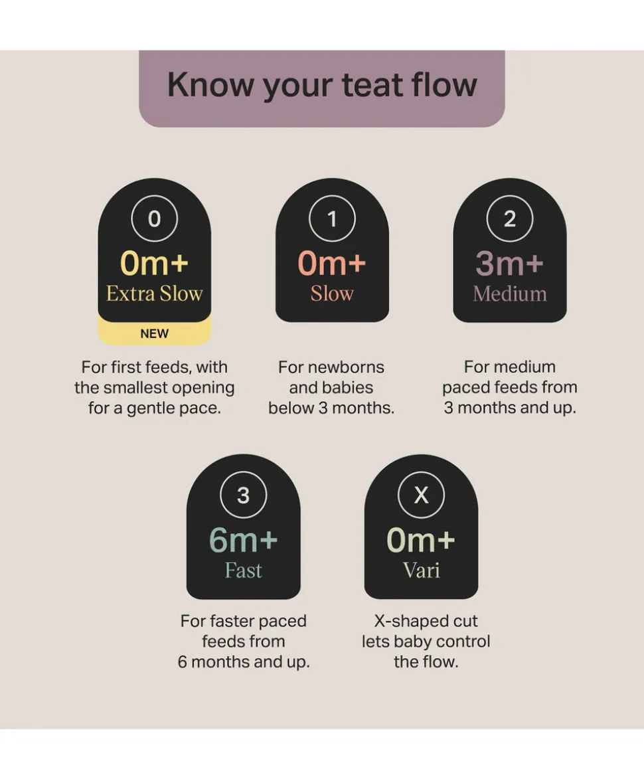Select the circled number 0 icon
pyautogui.click(x=155, y=218)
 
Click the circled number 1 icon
pyautogui.click(x=332, y=218)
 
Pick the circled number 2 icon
pyautogui.click(x=510, y=218)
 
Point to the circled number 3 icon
pyautogui.click(x=243, y=495)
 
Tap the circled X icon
pyautogui.click(x=421, y=495)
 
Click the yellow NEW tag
pyautogui.click(x=155, y=333)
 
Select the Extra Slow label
pyautogui.click(x=155, y=294)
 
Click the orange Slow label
pyautogui.click(x=332, y=294)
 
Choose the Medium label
pyautogui.click(x=510, y=294)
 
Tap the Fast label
pyautogui.click(x=243, y=570)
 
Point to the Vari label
pyautogui.click(x=421, y=570)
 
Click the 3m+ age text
pyautogui.click(x=510, y=263)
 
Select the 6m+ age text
pyautogui.click(x=243, y=539)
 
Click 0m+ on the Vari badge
pyautogui.click(x=421, y=539)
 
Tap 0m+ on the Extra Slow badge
pyautogui.click(x=155, y=263)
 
